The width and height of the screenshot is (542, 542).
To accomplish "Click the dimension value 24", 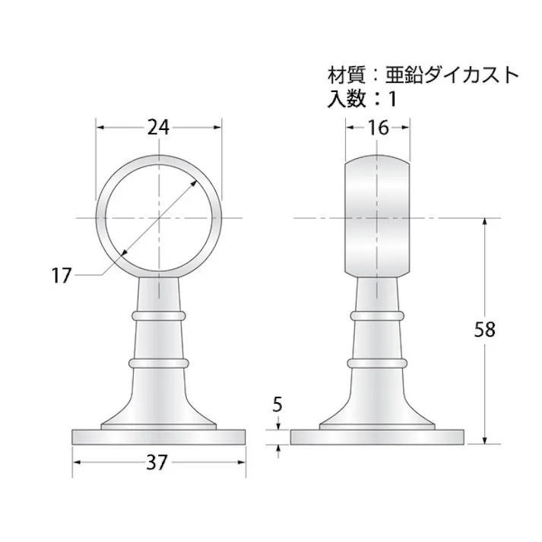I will coord(158,128).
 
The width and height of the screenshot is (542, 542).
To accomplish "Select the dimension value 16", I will coord(378,128).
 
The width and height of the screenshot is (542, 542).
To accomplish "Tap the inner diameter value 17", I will coord(62,275).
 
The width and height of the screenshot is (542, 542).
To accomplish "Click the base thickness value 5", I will coord(278,404).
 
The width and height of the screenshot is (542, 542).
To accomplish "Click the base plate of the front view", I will coord(160,437).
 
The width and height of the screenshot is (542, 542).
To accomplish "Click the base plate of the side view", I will coord(378,437).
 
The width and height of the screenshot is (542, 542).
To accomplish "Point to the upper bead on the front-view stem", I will coord(159,314).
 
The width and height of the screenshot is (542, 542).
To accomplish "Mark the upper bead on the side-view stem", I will coord(378,314).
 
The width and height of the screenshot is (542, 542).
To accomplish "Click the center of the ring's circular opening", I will coord(159,218).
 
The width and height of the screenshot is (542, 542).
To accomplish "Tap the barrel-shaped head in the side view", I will coord(378,218).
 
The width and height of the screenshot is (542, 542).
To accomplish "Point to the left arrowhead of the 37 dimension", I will coord(77,461).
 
